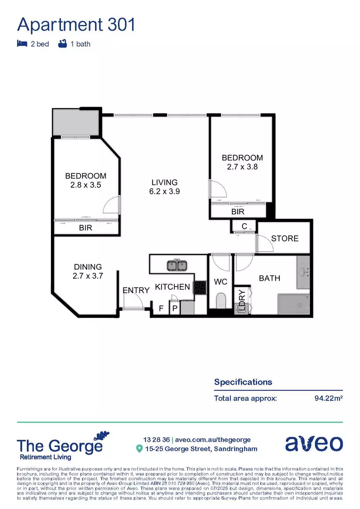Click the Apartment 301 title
[x=76, y=24]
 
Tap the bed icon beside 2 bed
[x=21, y=44]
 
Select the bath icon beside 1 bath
[x=62, y=44]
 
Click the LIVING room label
[x=164, y=182]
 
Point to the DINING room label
[x=87, y=267]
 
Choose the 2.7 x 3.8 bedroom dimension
[x=242, y=166]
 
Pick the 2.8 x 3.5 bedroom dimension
[x=85, y=185]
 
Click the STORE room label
[x=285, y=238]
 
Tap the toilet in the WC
[x=221, y=301]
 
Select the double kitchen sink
[x=177, y=265]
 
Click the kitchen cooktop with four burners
[x=200, y=287]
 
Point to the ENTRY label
[x=136, y=290]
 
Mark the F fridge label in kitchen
[x=161, y=309]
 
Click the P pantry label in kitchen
[x=174, y=309]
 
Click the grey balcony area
[x=75, y=123]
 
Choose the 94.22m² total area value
[x=328, y=398]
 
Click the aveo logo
[x=314, y=444]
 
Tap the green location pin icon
[x=139, y=449]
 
